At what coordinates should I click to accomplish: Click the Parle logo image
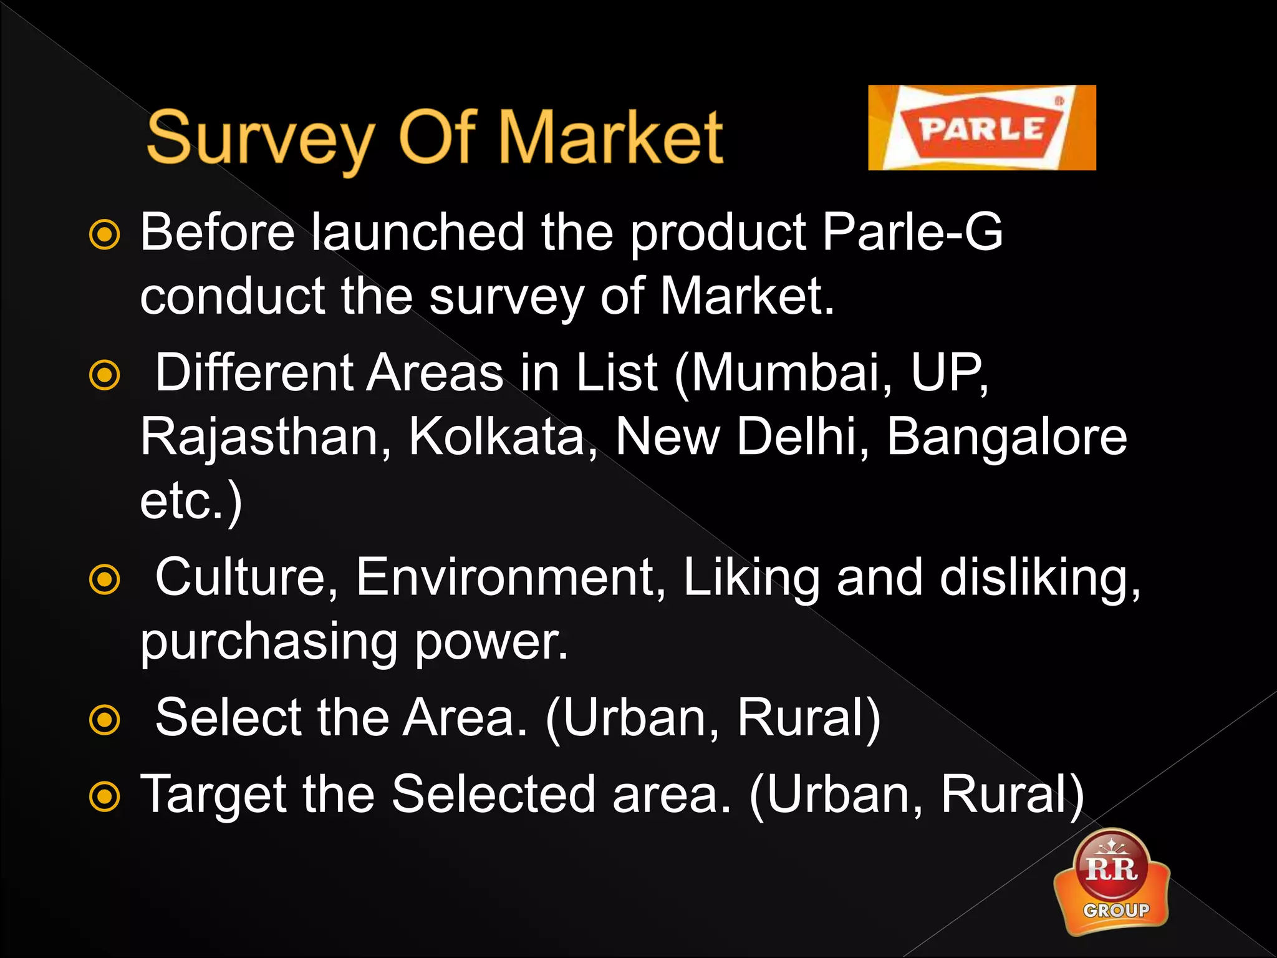click(x=981, y=128)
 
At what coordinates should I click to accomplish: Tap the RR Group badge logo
click(x=1112, y=881)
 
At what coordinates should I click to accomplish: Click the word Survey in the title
click(x=261, y=138)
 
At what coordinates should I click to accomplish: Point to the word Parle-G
click(x=912, y=232)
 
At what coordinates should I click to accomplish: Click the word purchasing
click(x=269, y=642)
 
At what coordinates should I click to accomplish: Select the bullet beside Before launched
click(x=104, y=235)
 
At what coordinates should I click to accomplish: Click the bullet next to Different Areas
click(x=104, y=375)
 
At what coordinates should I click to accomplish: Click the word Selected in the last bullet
click(x=493, y=795)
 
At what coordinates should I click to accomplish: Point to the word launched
click(x=418, y=232)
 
